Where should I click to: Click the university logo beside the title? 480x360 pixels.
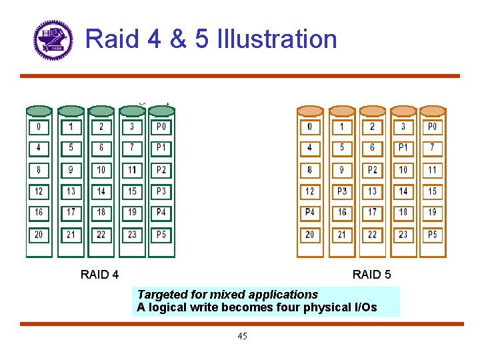pos(52,40)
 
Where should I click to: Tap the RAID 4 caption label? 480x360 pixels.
pos(99,274)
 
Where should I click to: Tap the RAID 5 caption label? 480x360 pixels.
pos(371,274)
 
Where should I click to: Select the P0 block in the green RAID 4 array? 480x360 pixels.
pos(161,127)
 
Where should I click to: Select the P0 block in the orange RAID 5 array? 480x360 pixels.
pos(432,127)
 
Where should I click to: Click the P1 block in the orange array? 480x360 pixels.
pos(403,147)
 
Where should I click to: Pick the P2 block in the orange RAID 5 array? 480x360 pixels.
pos(372,170)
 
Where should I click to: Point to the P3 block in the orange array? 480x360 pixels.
pos(342,191)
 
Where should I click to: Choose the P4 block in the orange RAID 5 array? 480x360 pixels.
pos(310,212)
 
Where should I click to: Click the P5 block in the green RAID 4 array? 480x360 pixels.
pos(161,235)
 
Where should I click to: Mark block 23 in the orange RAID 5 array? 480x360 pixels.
pos(403,235)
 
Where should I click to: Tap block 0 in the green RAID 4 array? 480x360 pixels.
pos(39,127)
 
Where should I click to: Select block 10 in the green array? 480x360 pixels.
pos(101,170)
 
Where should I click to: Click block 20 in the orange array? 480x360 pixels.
pos(310,235)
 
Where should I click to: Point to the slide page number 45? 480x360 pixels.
pos(242,336)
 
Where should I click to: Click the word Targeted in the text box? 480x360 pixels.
pos(160,294)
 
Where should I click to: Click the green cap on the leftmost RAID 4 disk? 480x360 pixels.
pos(39,111)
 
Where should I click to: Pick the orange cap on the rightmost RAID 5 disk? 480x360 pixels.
pos(432,111)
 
